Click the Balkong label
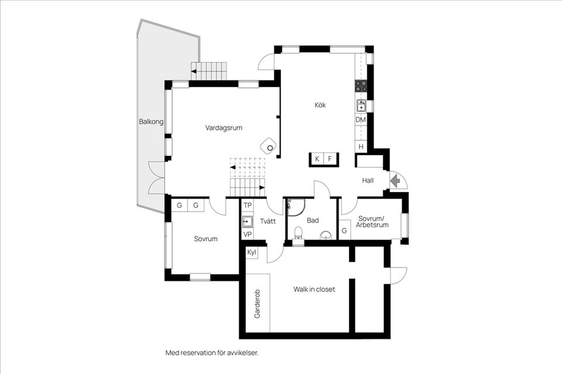coord(151,122)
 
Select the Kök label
coord(320,105)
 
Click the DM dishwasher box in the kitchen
coord(361,120)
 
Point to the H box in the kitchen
coord(361,146)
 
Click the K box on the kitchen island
coord(317,159)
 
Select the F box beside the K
coord(330,159)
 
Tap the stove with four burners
coord(361,86)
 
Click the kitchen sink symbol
coord(361,105)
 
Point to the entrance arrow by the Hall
coord(395,181)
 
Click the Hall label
coord(368,181)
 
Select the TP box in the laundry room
coord(248,205)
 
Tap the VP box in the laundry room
coord(248,234)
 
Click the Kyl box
coord(252,252)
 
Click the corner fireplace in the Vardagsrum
coord(269,145)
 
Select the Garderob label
coord(257,303)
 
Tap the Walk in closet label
coord(314,289)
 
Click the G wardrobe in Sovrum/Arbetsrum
coord(344,231)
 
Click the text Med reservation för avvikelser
coord(212,353)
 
